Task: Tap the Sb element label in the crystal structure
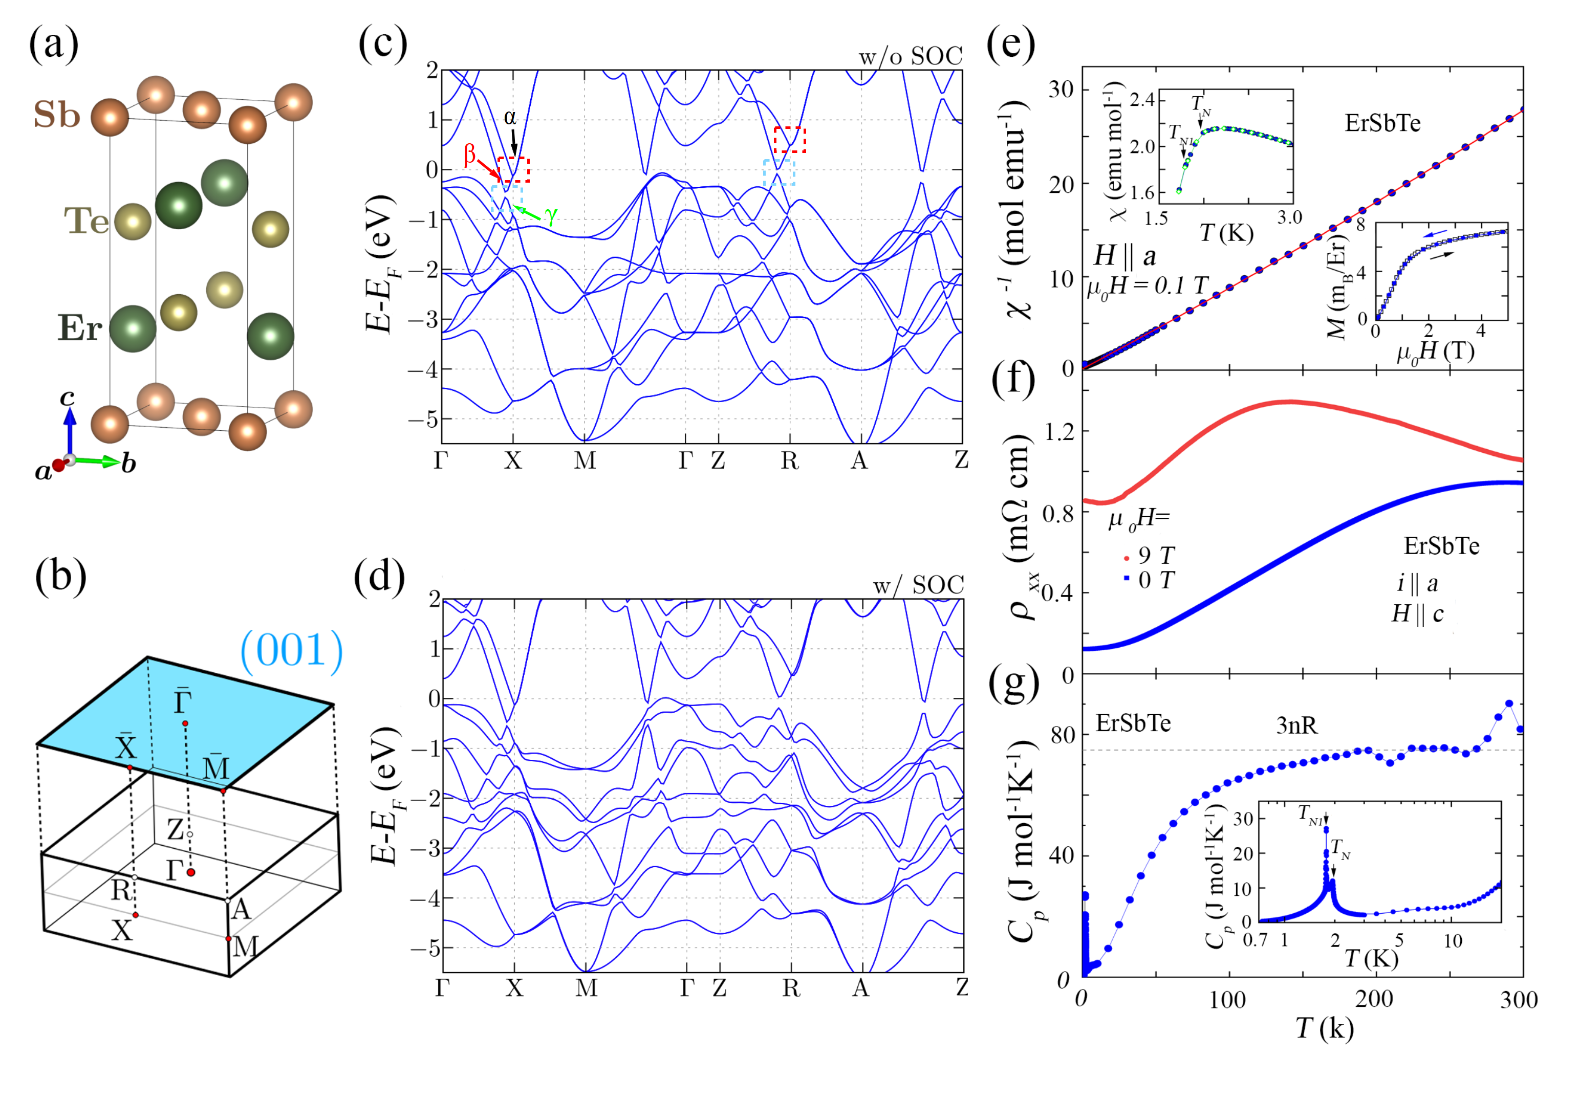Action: click(x=56, y=114)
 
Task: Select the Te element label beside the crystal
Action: click(x=86, y=221)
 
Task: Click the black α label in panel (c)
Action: click(x=510, y=118)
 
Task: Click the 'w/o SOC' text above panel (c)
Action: click(x=910, y=56)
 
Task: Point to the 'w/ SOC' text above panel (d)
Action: click(x=918, y=585)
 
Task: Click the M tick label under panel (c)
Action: click(x=585, y=460)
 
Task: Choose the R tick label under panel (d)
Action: click(x=791, y=988)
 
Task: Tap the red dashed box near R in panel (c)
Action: click(x=789, y=140)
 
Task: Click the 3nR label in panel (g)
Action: click(x=1296, y=725)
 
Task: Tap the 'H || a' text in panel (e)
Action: click(x=1125, y=256)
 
